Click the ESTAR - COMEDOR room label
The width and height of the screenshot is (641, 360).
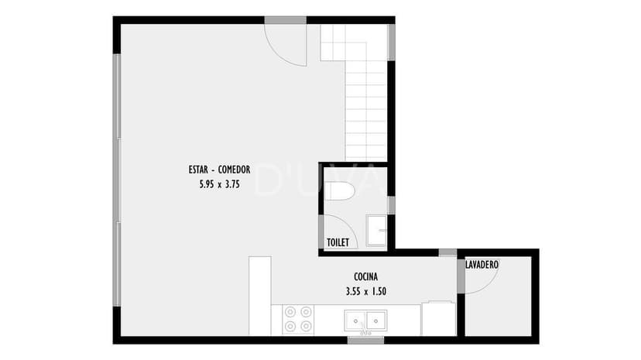(219, 170)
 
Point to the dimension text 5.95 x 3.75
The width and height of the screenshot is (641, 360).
(220, 184)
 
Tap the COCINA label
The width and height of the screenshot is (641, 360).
(366, 276)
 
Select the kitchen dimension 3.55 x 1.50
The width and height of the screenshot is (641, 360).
(366, 291)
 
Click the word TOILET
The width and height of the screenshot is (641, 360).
(338, 242)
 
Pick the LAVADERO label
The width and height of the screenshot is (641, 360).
(482, 264)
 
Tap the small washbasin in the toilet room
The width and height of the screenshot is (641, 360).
(376, 231)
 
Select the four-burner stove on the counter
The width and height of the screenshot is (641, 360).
(298, 320)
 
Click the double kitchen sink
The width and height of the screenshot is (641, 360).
(365, 321)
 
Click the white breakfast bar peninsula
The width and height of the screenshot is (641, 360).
(260, 296)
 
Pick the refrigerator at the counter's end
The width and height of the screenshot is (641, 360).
(439, 318)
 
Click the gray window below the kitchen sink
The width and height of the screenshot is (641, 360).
(366, 340)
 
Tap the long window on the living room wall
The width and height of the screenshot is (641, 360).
(117, 180)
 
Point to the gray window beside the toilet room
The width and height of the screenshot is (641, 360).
(391, 205)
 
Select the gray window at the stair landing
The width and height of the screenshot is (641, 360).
(391, 43)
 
